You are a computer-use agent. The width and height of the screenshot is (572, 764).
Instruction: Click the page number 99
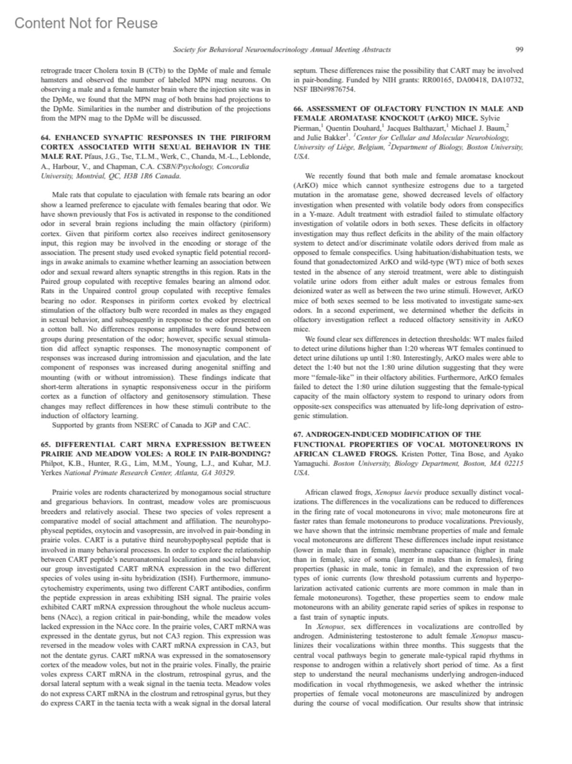pyautogui.click(x=520, y=50)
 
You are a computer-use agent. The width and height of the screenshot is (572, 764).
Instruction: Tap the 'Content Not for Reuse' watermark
pyautogui.click(x=86, y=23)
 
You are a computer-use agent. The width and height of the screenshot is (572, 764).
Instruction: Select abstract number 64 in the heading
pyautogui.click(x=45, y=137)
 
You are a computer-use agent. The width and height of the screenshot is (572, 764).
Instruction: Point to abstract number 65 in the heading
pyautogui.click(x=45, y=444)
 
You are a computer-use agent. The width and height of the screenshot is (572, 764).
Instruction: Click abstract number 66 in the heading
pyautogui.click(x=298, y=109)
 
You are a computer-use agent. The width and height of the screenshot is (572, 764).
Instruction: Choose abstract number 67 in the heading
pyautogui.click(x=298, y=434)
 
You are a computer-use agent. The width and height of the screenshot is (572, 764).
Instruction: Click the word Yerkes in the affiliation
pyautogui.click(x=51, y=473)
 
